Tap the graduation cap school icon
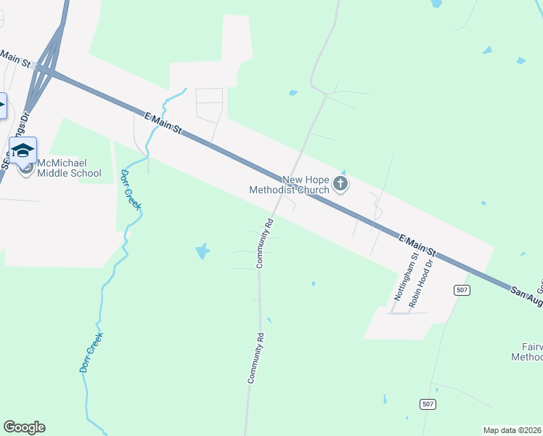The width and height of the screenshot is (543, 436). click(23, 150)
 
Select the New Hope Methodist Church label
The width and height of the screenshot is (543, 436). click(289, 185)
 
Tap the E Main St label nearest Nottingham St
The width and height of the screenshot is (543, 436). click(417, 243)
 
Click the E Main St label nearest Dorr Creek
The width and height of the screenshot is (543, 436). click(163, 122)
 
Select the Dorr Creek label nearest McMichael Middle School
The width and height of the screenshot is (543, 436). click(130, 190)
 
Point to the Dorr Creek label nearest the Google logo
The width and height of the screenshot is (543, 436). click(91, 352)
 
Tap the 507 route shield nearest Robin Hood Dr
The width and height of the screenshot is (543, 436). click(462, 290)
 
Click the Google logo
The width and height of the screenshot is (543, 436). click(24, 427)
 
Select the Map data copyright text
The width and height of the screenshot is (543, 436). click(513, 430)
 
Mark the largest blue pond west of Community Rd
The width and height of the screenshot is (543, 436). click(203, 252)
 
